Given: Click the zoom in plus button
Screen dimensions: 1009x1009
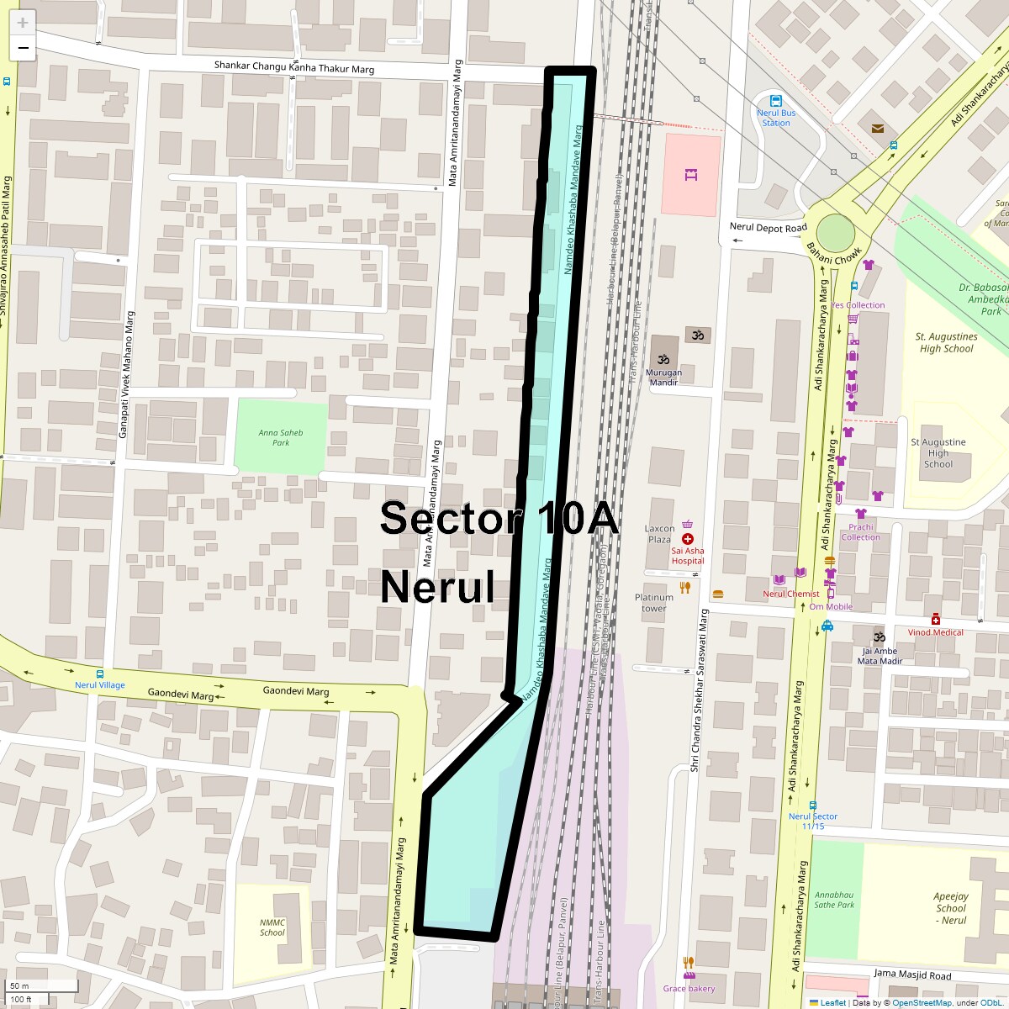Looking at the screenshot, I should [23, 23].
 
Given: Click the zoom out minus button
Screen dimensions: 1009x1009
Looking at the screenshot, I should [23, 48].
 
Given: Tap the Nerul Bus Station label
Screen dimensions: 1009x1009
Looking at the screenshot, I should [776, 118].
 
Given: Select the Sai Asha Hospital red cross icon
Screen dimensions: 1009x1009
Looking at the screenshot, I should [688, 538].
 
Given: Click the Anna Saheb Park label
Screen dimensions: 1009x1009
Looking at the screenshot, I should [281, 437].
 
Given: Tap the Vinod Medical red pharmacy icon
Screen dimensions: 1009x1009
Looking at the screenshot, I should [936, 620].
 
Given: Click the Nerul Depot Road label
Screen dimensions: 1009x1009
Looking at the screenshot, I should [768, 228].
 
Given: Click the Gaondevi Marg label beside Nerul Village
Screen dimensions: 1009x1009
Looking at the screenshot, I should [181, 695].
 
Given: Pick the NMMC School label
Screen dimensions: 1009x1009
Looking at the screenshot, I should [272, 927].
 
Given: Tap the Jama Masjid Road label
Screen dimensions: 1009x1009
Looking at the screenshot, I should [912, 975].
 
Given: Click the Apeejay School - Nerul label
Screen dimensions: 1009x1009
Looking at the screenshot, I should [951, 908].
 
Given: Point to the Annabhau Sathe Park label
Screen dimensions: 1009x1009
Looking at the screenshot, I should [834, 900].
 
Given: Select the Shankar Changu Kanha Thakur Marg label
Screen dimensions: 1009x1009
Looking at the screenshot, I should [294, 67].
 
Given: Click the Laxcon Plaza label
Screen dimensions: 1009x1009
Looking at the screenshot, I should [660, 534].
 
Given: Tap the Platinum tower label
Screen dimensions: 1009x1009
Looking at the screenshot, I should [654, 603].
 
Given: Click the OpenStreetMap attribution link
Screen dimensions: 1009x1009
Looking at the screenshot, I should [922, 1002].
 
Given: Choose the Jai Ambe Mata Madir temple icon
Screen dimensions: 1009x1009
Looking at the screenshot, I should [880, 636].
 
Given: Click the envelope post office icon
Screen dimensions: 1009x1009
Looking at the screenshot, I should [878, 129].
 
